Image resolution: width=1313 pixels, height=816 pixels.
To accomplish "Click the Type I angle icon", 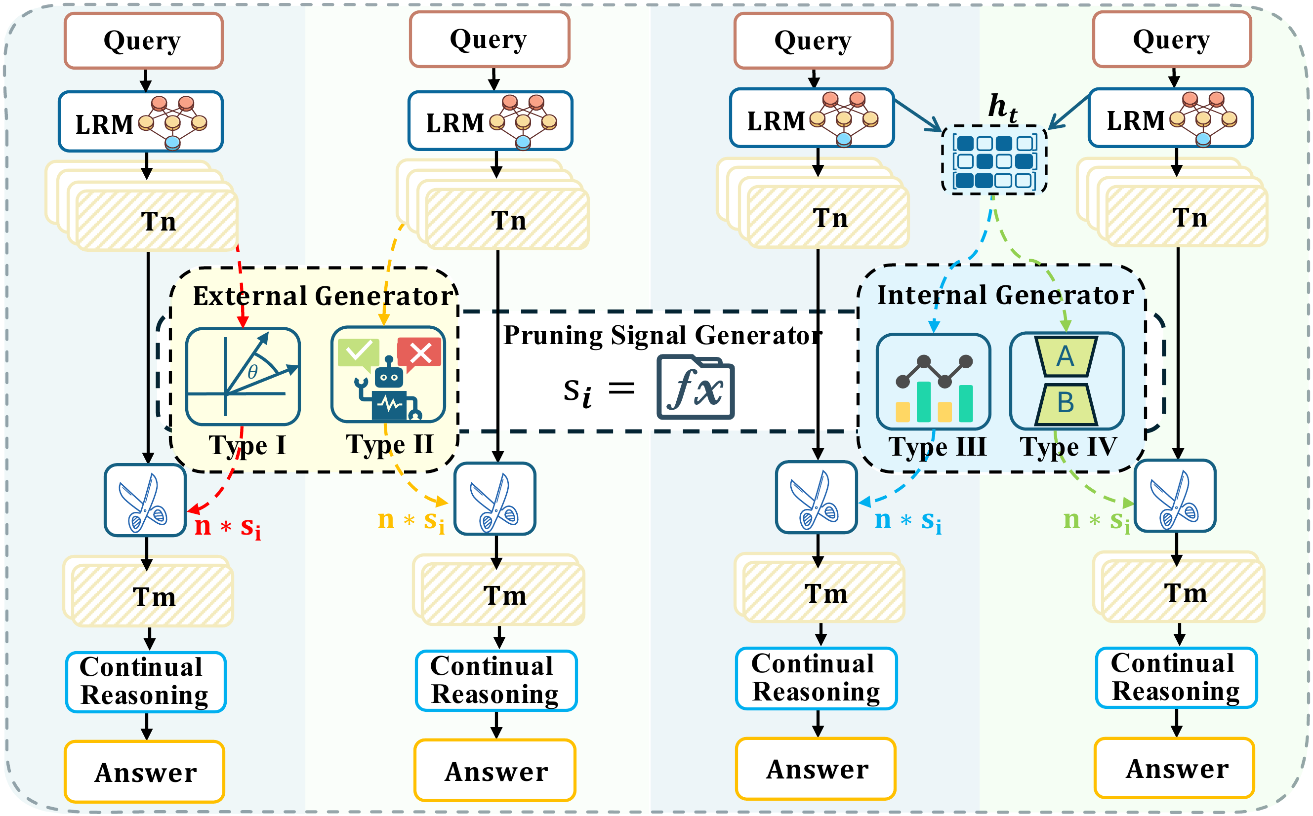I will tap(243, 376).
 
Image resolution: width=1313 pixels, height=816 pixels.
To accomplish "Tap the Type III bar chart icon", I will tap(934, 381).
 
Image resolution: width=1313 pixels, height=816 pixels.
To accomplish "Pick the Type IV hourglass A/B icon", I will tap(1067, 380).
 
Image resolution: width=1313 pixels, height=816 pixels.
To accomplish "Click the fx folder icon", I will tap(696, 387).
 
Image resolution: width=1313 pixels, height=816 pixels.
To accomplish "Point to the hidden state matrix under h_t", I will tap(994, 161).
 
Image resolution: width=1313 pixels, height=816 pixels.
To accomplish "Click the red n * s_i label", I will tap(228, 526).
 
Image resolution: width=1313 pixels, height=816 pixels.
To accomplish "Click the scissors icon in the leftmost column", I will tap(145, 500).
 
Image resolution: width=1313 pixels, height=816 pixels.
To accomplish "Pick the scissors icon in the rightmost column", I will tap(1175, 496).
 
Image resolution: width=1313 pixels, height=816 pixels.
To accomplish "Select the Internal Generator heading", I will tap(1005, 295).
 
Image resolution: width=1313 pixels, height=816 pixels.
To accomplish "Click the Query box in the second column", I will tap(489, 39).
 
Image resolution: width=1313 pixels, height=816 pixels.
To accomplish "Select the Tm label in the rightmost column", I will tap(1185, 592).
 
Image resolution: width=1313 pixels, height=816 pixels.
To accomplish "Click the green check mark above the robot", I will tap(358, 352).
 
